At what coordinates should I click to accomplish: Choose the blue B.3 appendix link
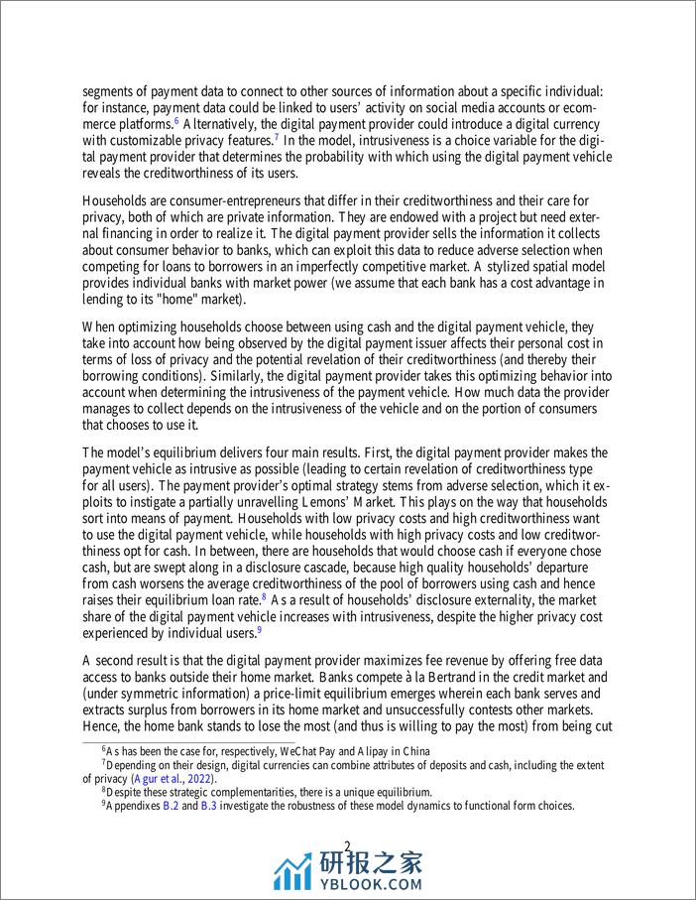(x=208, y=806)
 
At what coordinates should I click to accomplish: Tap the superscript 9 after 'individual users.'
(x=259, y=630)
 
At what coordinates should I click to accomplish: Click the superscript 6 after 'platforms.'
(x=175, y=120)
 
